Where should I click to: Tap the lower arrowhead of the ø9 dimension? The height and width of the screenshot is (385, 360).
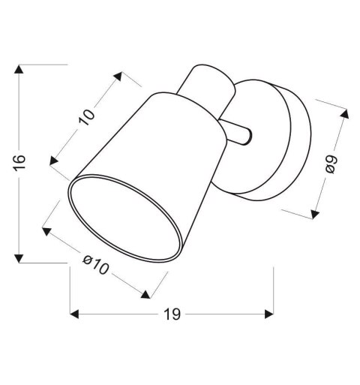pos(313,215)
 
